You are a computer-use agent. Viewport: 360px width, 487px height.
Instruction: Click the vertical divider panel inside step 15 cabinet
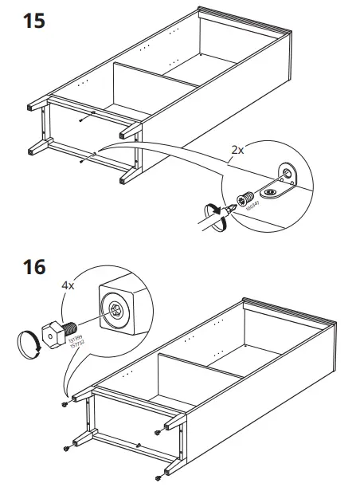click(x=135, y=89)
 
